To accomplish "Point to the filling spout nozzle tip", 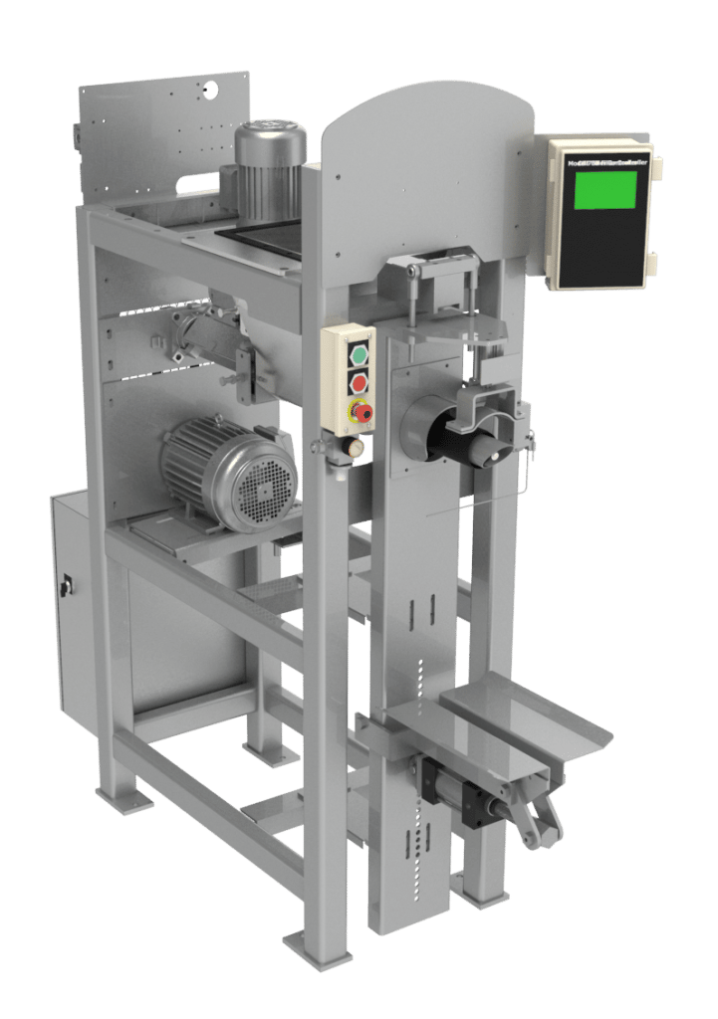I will [x=488, y=453].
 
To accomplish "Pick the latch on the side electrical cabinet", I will [x=66, y=588].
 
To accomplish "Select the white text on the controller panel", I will [x=602, y=160].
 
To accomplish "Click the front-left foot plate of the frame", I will [x=124, y=797].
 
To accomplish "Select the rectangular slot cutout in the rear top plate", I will [x=198, y=182].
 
